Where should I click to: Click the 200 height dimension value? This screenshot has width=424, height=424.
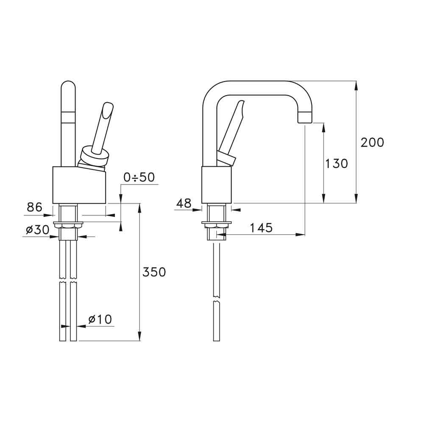[x=372, y=142]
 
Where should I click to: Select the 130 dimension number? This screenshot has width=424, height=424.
[x=336, y=163]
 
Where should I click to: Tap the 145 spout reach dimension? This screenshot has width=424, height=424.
[x=261, y=228]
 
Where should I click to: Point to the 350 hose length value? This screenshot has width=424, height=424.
[x=154, y=272]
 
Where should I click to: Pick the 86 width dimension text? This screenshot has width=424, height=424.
[x=35, y=207]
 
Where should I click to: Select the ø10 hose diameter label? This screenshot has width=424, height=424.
[x=100, y=319]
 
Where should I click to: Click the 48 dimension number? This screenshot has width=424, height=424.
[x=184, y=203]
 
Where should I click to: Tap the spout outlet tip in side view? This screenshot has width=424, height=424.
[x=305, y=117]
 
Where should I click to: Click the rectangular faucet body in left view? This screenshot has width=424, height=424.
[x=78, y=184]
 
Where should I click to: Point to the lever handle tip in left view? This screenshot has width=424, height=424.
[x=108, y=107]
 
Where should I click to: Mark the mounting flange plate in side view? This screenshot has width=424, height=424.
[x=217, y=223]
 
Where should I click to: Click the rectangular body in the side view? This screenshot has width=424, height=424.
[x=216, y=184]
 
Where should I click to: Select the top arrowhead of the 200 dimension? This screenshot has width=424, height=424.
[x=356, y=84]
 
